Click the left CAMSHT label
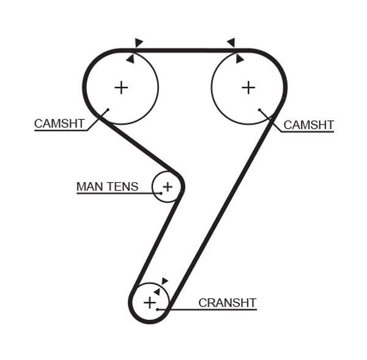[59, 123]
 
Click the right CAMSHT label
[308, 125]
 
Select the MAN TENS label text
[108, 186]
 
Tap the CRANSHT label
[228, 303]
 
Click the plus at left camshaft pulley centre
[121, 88]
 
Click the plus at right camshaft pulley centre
[248, 88]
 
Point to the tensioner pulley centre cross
[168, 186]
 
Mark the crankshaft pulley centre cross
[150, 303]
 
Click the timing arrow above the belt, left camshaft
[138, 42]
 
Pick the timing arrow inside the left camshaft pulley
[131, 59]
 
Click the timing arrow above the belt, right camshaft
[231, 42]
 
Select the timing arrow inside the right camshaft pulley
[239, 59]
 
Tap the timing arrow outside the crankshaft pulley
[165, 281]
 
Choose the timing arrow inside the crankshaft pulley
[157, 292]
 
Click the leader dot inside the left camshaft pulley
[108, 109]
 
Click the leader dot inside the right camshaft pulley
[259, 109]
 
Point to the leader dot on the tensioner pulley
[161, 193]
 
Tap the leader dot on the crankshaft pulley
[158, 309]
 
